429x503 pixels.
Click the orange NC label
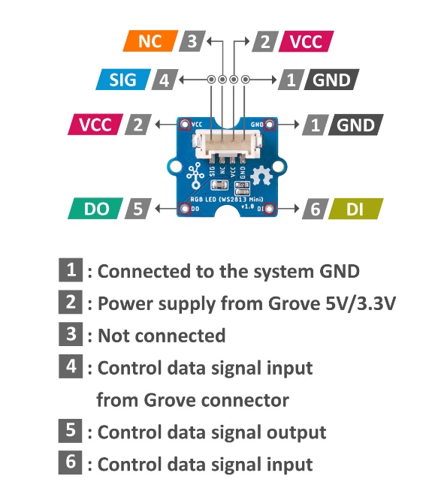[150, 41]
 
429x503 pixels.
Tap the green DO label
[95, 209]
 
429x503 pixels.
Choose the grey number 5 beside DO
[136, 209]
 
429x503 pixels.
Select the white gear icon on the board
[259, 177]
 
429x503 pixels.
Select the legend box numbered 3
[70, 334]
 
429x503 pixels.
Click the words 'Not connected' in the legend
[162, 336]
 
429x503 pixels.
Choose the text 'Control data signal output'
[212, 432]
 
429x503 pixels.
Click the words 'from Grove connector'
[192, 400]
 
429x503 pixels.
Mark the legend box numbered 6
[70, 463]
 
